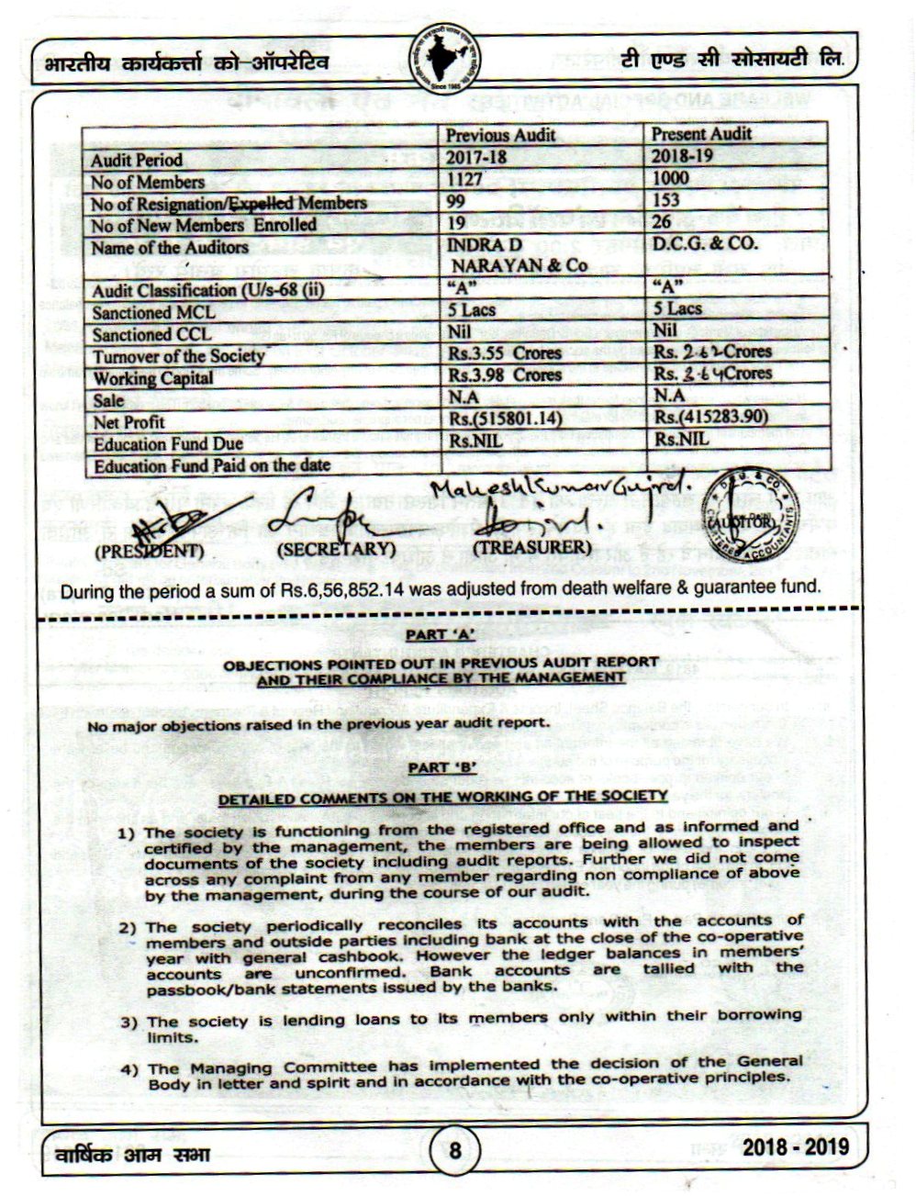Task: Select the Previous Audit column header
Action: (x=500, y=134)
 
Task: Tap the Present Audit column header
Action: (x=701, y=134)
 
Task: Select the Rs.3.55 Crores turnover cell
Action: (x=504, y=353)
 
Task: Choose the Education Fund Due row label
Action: (x=168, y=444)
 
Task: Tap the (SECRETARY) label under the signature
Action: (x=336, y=549)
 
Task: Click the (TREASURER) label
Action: (x=529, y=547)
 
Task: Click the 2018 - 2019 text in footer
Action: (x=795, y=1147)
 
